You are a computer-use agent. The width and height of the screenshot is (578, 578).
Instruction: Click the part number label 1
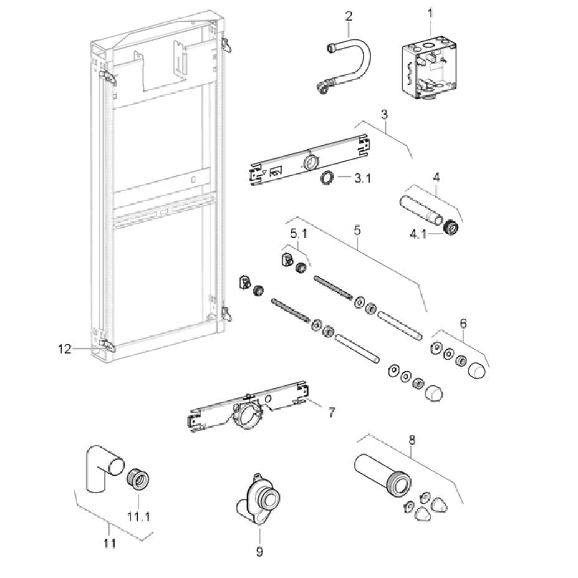point(430,11)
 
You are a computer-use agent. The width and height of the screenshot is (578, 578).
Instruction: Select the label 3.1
point(362,179)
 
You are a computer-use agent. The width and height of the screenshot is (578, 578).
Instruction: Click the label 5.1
point(299,234)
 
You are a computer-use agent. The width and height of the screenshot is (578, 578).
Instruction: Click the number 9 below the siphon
point(259,551)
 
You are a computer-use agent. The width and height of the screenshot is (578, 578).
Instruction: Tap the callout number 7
point(332,412)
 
